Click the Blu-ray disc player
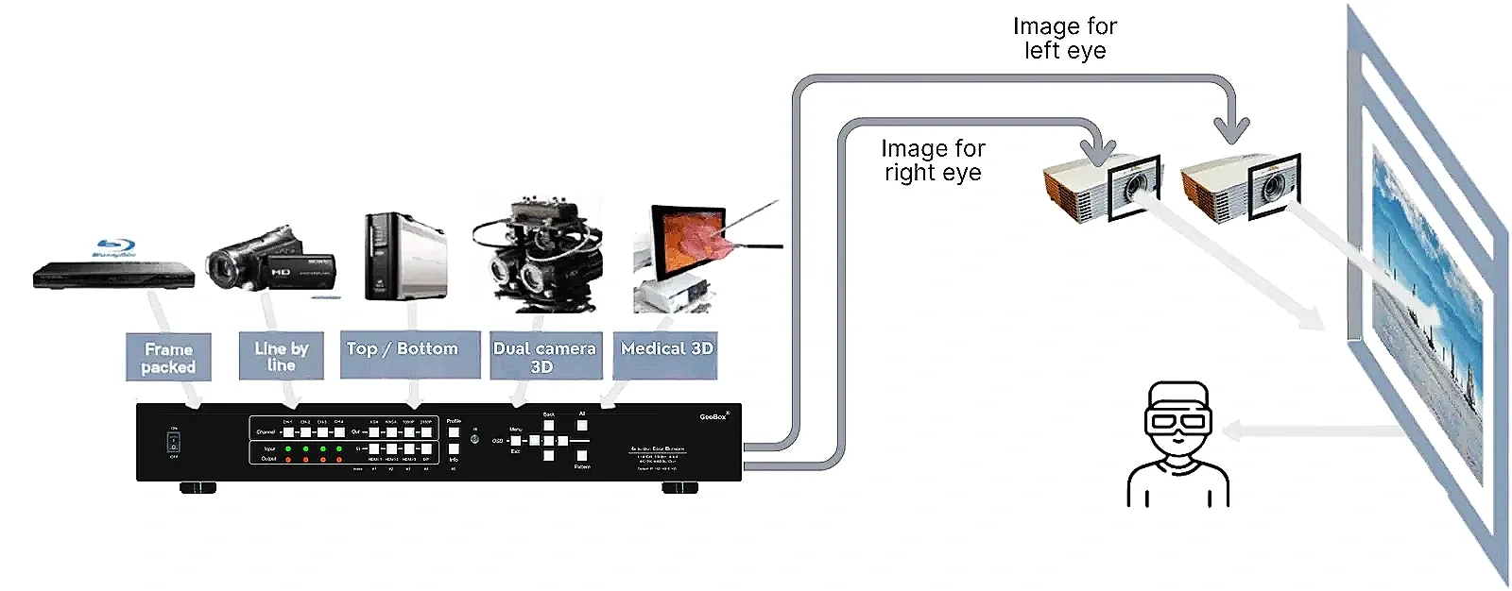(x=113, y=274)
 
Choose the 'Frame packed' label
(x=168, y=358)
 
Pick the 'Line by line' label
(x=281, y=356)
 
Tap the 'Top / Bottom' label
(x=403, y=349)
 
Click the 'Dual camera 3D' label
(x=544, y=356)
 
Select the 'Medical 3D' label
(x=666, y=348)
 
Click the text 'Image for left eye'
(x=1065, y=39)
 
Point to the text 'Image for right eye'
(x=933, y=160)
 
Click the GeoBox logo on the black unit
(x=713, y=416)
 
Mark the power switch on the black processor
(x=174, y=443)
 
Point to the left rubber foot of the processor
(x=198, y=488)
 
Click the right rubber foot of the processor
(x=679, y=488)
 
